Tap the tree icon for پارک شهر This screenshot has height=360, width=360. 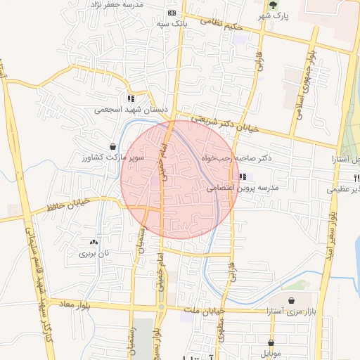[x=283, y=5]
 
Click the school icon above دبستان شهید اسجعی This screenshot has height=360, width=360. [x=131, y=98]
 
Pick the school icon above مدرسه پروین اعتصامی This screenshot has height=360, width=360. [x=243, y=177]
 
